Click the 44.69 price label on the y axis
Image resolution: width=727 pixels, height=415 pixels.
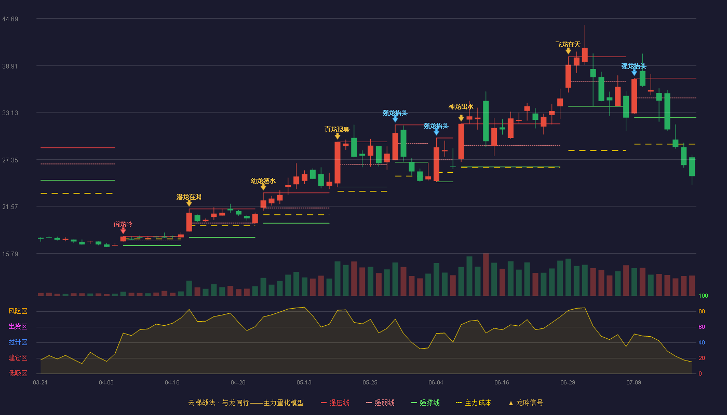10,19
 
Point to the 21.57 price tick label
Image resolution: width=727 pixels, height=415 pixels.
10,207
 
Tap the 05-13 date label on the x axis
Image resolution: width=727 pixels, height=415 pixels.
304,383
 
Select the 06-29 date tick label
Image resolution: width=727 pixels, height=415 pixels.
568,383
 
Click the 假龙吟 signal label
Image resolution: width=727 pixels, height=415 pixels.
123,224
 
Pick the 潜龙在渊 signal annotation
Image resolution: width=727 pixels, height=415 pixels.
189,197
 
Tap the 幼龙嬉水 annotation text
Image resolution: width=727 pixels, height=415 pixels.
263,181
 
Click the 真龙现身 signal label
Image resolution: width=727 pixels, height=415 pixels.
337,129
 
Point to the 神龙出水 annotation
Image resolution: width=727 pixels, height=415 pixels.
461,107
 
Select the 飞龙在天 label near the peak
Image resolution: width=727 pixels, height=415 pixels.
568,45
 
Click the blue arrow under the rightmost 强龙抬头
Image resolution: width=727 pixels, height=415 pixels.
634,73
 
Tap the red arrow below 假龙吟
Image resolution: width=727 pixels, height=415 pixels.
123,230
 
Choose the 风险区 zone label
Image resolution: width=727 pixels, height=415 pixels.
18,311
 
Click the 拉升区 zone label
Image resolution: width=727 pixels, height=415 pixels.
18,342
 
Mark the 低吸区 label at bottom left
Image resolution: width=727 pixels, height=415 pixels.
18,374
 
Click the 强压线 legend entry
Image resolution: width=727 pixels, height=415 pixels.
335,403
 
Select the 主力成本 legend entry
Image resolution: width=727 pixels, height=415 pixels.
474,403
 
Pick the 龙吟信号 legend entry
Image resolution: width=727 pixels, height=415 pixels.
526,403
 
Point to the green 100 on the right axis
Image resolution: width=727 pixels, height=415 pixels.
703,296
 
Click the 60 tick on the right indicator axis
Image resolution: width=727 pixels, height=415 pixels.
702,327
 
